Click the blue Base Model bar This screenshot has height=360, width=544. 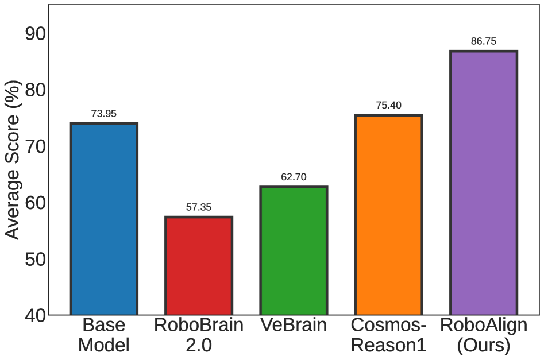click(x=103, y=219)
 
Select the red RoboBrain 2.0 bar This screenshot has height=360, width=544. click(x=199, y=266)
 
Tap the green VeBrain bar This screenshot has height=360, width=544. click(x=294, y=251)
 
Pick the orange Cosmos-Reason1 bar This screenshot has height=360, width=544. click(x=388, y=215)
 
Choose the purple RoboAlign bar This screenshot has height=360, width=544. click(x=484, y=183)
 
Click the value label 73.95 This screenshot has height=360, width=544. click(x=103, y=114)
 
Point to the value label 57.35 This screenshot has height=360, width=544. click(x=199, y=207)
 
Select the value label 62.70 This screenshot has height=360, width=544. click(x=294, y=177)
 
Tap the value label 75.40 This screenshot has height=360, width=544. click(x=388, y=106)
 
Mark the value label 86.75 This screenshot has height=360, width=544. click(x=484, y=41)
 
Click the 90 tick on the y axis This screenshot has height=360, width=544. click(x=36, y=33)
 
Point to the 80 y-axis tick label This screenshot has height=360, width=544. click(x=36, y=90)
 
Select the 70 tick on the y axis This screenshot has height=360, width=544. click(x=36, y=146)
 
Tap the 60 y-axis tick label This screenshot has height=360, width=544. click(x=36, y=202)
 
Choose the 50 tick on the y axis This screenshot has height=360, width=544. click(x=36, y=258)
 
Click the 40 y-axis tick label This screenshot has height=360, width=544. click(x=36, y=315)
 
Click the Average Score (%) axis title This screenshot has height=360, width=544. click(x=12, y=160)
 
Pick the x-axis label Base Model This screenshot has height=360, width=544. click(x=103, y=335)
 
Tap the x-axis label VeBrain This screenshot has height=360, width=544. click(x=294, y=326)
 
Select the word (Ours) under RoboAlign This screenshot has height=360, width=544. click(x=484, y=346)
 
